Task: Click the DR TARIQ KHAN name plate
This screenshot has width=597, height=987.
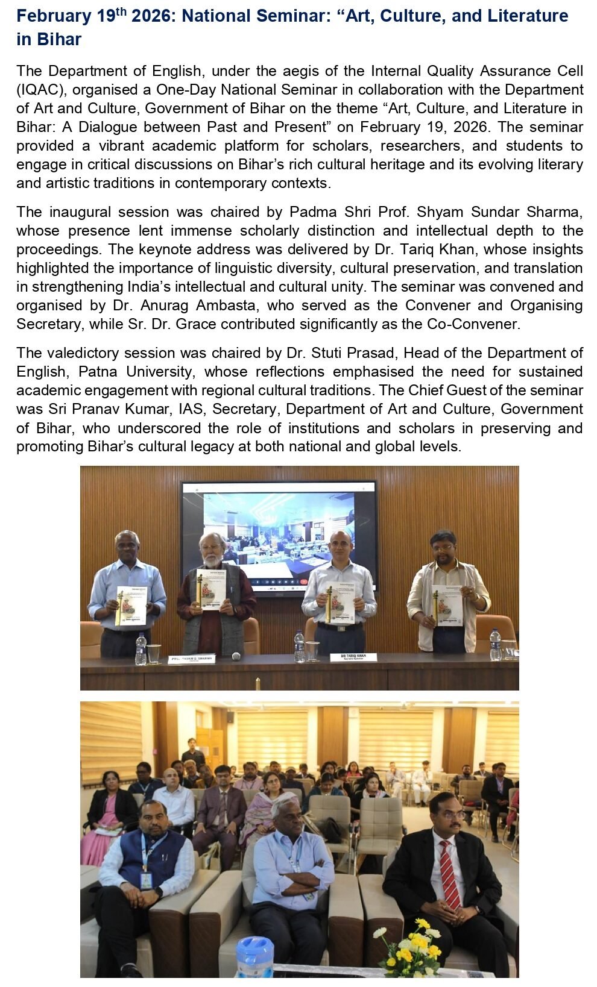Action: click(x=353, y=657)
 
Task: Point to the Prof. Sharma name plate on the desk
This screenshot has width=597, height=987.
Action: click(x=191, y=659)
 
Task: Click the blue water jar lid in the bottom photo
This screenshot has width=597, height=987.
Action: click(x=254, y=949)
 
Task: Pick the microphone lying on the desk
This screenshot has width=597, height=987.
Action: click(x=236, y=656)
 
